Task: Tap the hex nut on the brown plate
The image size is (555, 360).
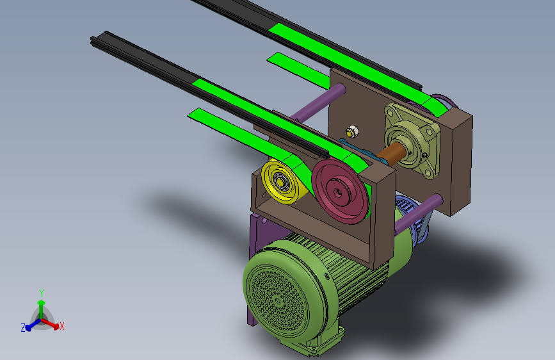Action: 352,131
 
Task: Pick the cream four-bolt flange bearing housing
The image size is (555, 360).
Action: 412,140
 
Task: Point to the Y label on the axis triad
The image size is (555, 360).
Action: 42,293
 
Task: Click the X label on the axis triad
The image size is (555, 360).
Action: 62,326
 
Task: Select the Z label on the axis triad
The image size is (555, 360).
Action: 23,328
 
